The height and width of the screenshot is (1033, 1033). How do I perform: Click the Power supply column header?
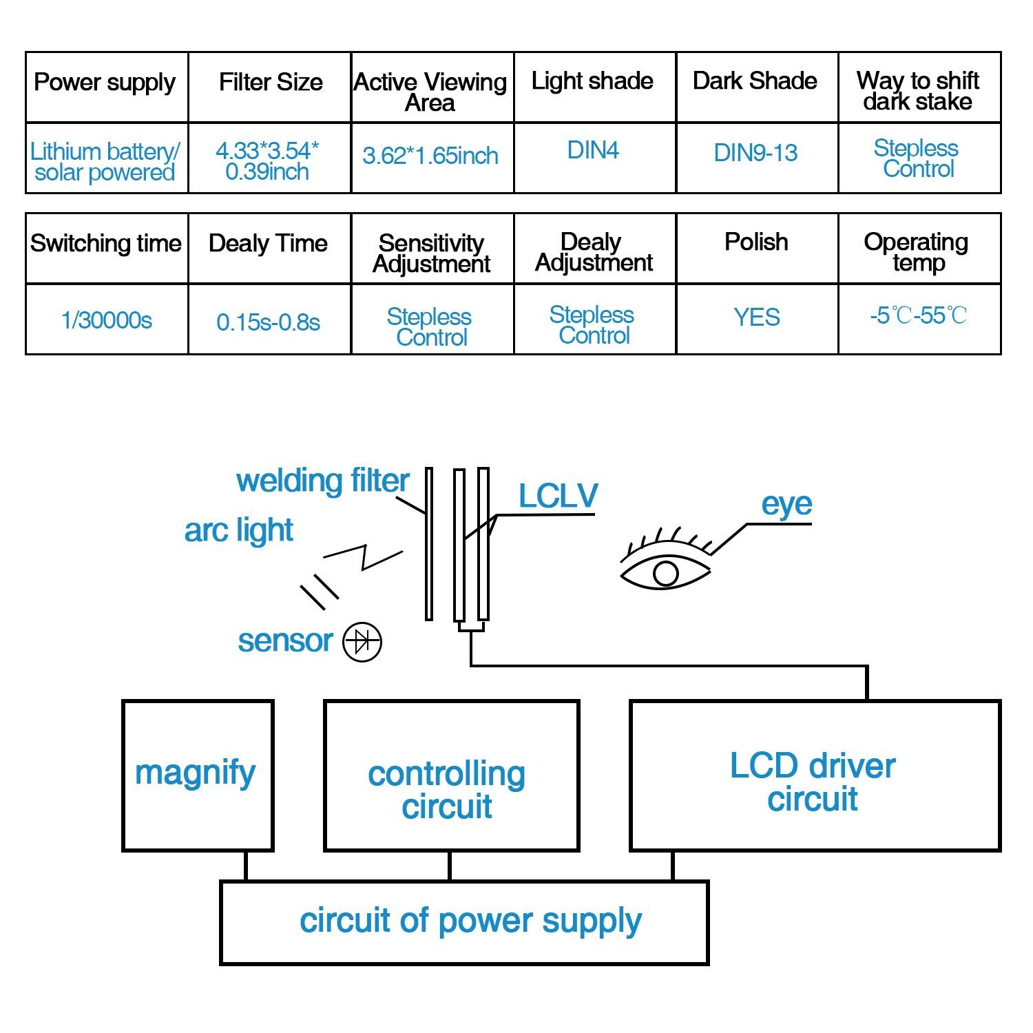coord(105,83)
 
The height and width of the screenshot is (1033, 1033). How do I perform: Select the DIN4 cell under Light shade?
coord(593,150)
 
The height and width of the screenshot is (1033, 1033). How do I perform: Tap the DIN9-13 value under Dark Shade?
coord(755,153)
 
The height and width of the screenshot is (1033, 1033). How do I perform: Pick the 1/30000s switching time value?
coord(107,320)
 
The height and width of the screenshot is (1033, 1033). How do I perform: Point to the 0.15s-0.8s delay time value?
coord(269,322)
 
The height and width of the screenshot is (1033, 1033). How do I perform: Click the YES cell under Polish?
coord(757,317)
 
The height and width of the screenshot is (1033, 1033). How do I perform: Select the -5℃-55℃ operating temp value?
coord(918,316)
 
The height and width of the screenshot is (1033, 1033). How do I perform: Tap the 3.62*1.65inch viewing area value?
coord(430,156)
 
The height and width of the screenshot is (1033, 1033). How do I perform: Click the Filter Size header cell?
coord(271,83)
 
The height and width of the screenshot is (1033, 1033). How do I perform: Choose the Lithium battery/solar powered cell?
coord(105,161)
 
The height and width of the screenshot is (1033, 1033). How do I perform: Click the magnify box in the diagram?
coord(197,774)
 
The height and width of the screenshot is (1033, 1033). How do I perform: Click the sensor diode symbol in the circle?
coord(362,643)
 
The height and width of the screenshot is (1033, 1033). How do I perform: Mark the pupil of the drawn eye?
coord(665,574)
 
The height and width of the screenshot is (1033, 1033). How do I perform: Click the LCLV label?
coord(558,496)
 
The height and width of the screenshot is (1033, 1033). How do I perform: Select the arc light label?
coord(238,530)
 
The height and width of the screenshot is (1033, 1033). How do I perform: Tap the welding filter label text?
coord(322,481)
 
